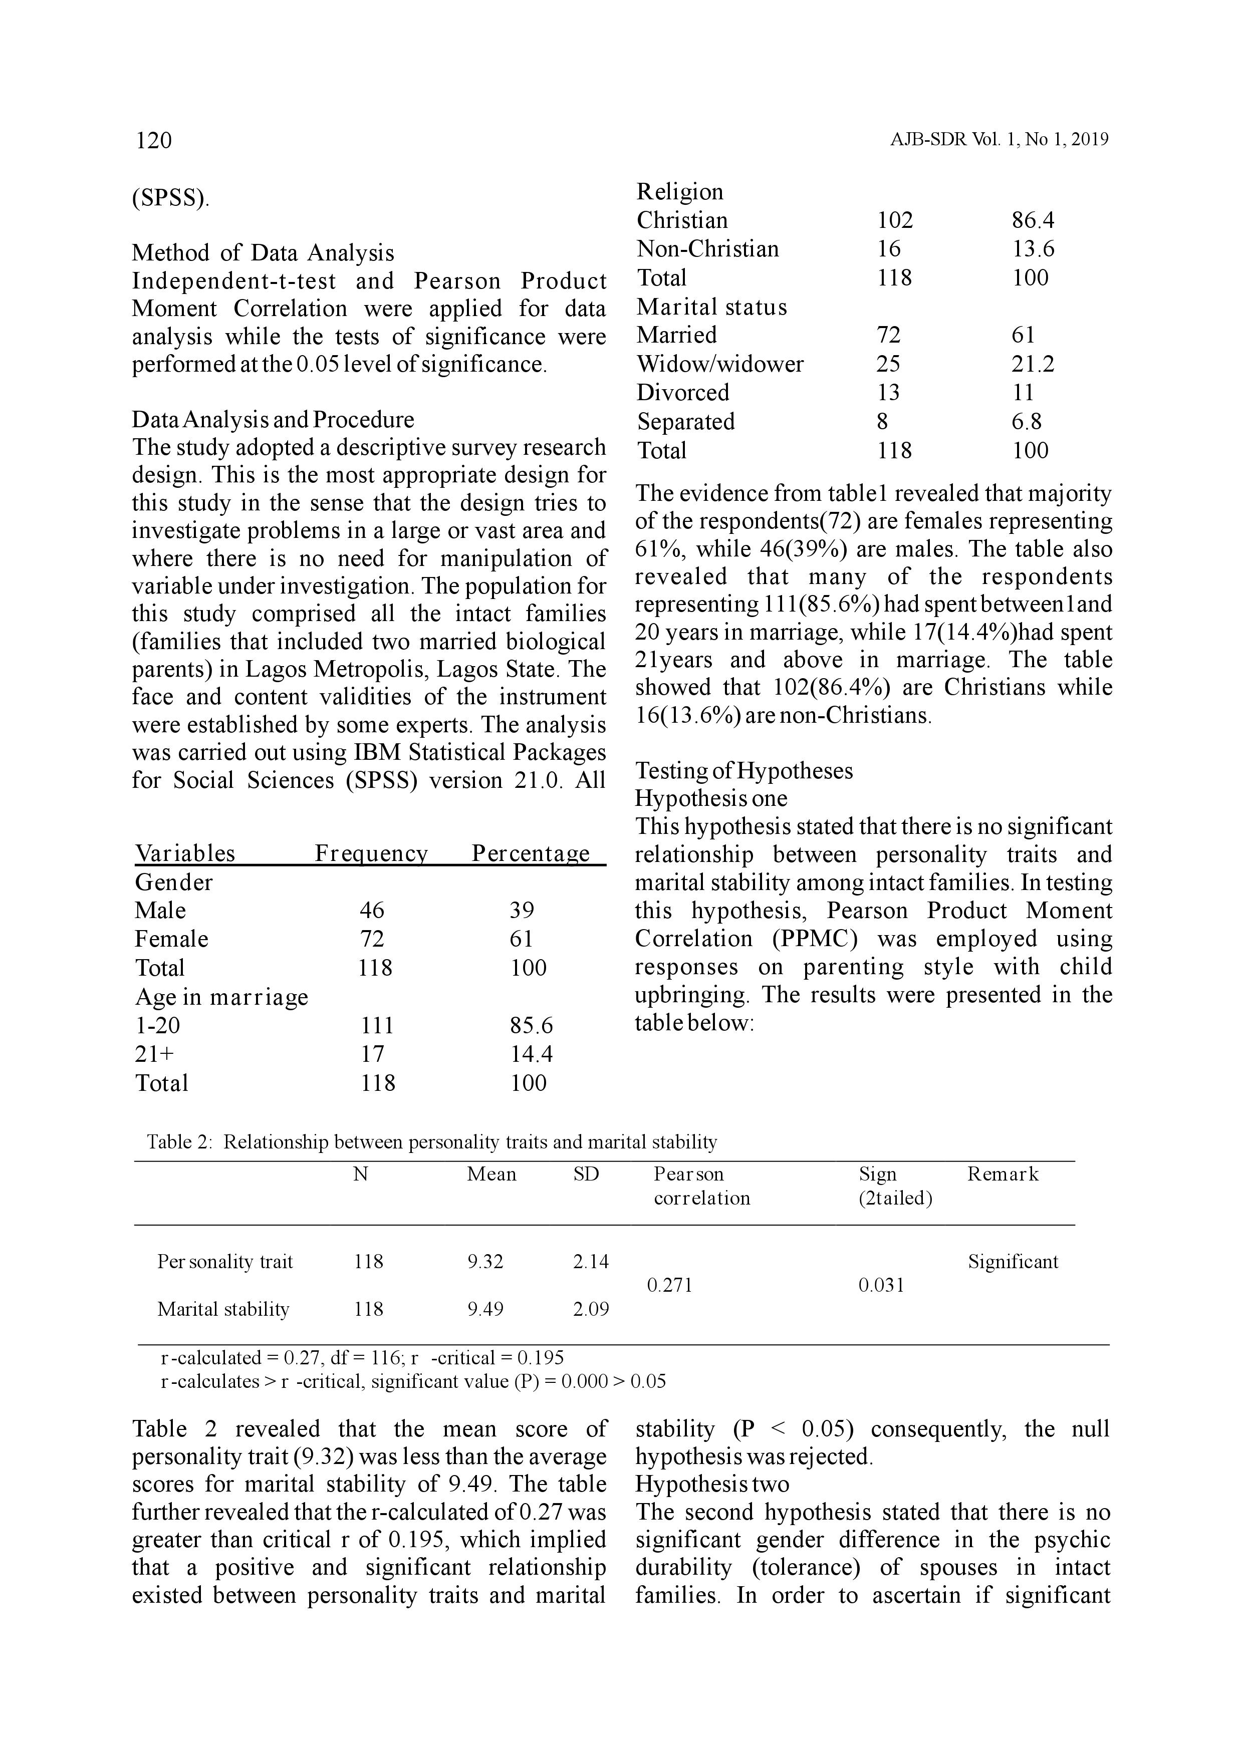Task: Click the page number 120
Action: click(x=154, y=140)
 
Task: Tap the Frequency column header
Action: click(x=371, y=853)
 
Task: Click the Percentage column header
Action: click(x=531, y=853)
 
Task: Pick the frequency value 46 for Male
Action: click(x=372, y=911)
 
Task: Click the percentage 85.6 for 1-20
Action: click(x=531, y=1025)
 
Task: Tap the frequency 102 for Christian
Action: click(x=895, y=220)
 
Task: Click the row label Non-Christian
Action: click(x=707, y=249)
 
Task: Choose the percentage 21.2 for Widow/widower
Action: click(x=1033, y=364)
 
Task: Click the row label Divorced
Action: click(x=683, y=393)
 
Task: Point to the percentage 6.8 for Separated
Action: click(x=1027, y=422)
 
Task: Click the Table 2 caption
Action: click(x=432, y=1142)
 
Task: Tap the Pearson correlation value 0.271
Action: click(x=670, y=1286)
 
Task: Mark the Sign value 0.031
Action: click(x=881, y=1286)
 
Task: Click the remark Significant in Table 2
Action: click(x=1013, y=1262)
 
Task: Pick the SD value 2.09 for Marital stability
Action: click(x=591, y=1309)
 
